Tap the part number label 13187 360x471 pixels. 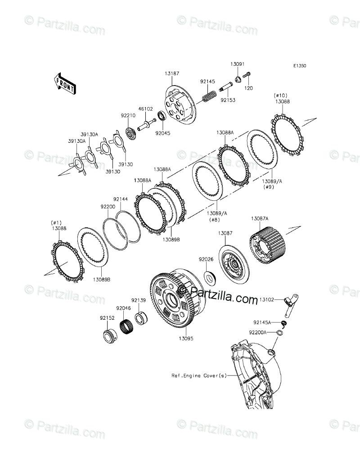pos(171,73)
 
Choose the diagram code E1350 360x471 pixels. pos(300,66)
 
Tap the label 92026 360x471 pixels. pos(207,259)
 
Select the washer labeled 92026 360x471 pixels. pos(209,277)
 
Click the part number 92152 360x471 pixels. pos(107,317)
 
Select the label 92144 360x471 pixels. pos(121,199)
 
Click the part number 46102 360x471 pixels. pos(145,109)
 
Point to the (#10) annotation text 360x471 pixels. pos(279,96)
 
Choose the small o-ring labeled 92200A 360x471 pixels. pos(280,333)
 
